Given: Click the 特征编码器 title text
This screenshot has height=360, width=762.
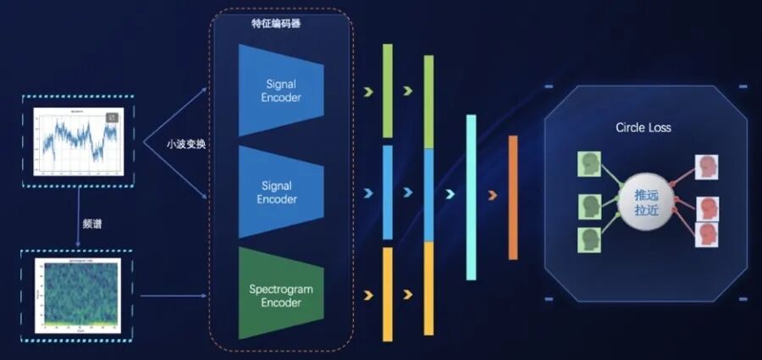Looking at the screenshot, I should pos(276,24).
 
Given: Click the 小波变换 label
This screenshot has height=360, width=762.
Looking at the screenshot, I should pos(185,144).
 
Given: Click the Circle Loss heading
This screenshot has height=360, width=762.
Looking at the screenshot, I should pos(643,128).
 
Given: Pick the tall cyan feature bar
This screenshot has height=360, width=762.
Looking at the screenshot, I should pos(471,197).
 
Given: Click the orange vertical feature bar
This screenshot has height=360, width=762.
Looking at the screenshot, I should pos(513,197).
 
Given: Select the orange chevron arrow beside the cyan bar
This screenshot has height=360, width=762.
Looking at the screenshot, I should pos(493,197).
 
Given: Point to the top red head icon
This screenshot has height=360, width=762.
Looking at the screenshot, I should pos(705,167).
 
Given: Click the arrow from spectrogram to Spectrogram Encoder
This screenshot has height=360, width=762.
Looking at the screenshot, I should pos(173,296).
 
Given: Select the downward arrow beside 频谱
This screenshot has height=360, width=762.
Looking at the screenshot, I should pos(77,222).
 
